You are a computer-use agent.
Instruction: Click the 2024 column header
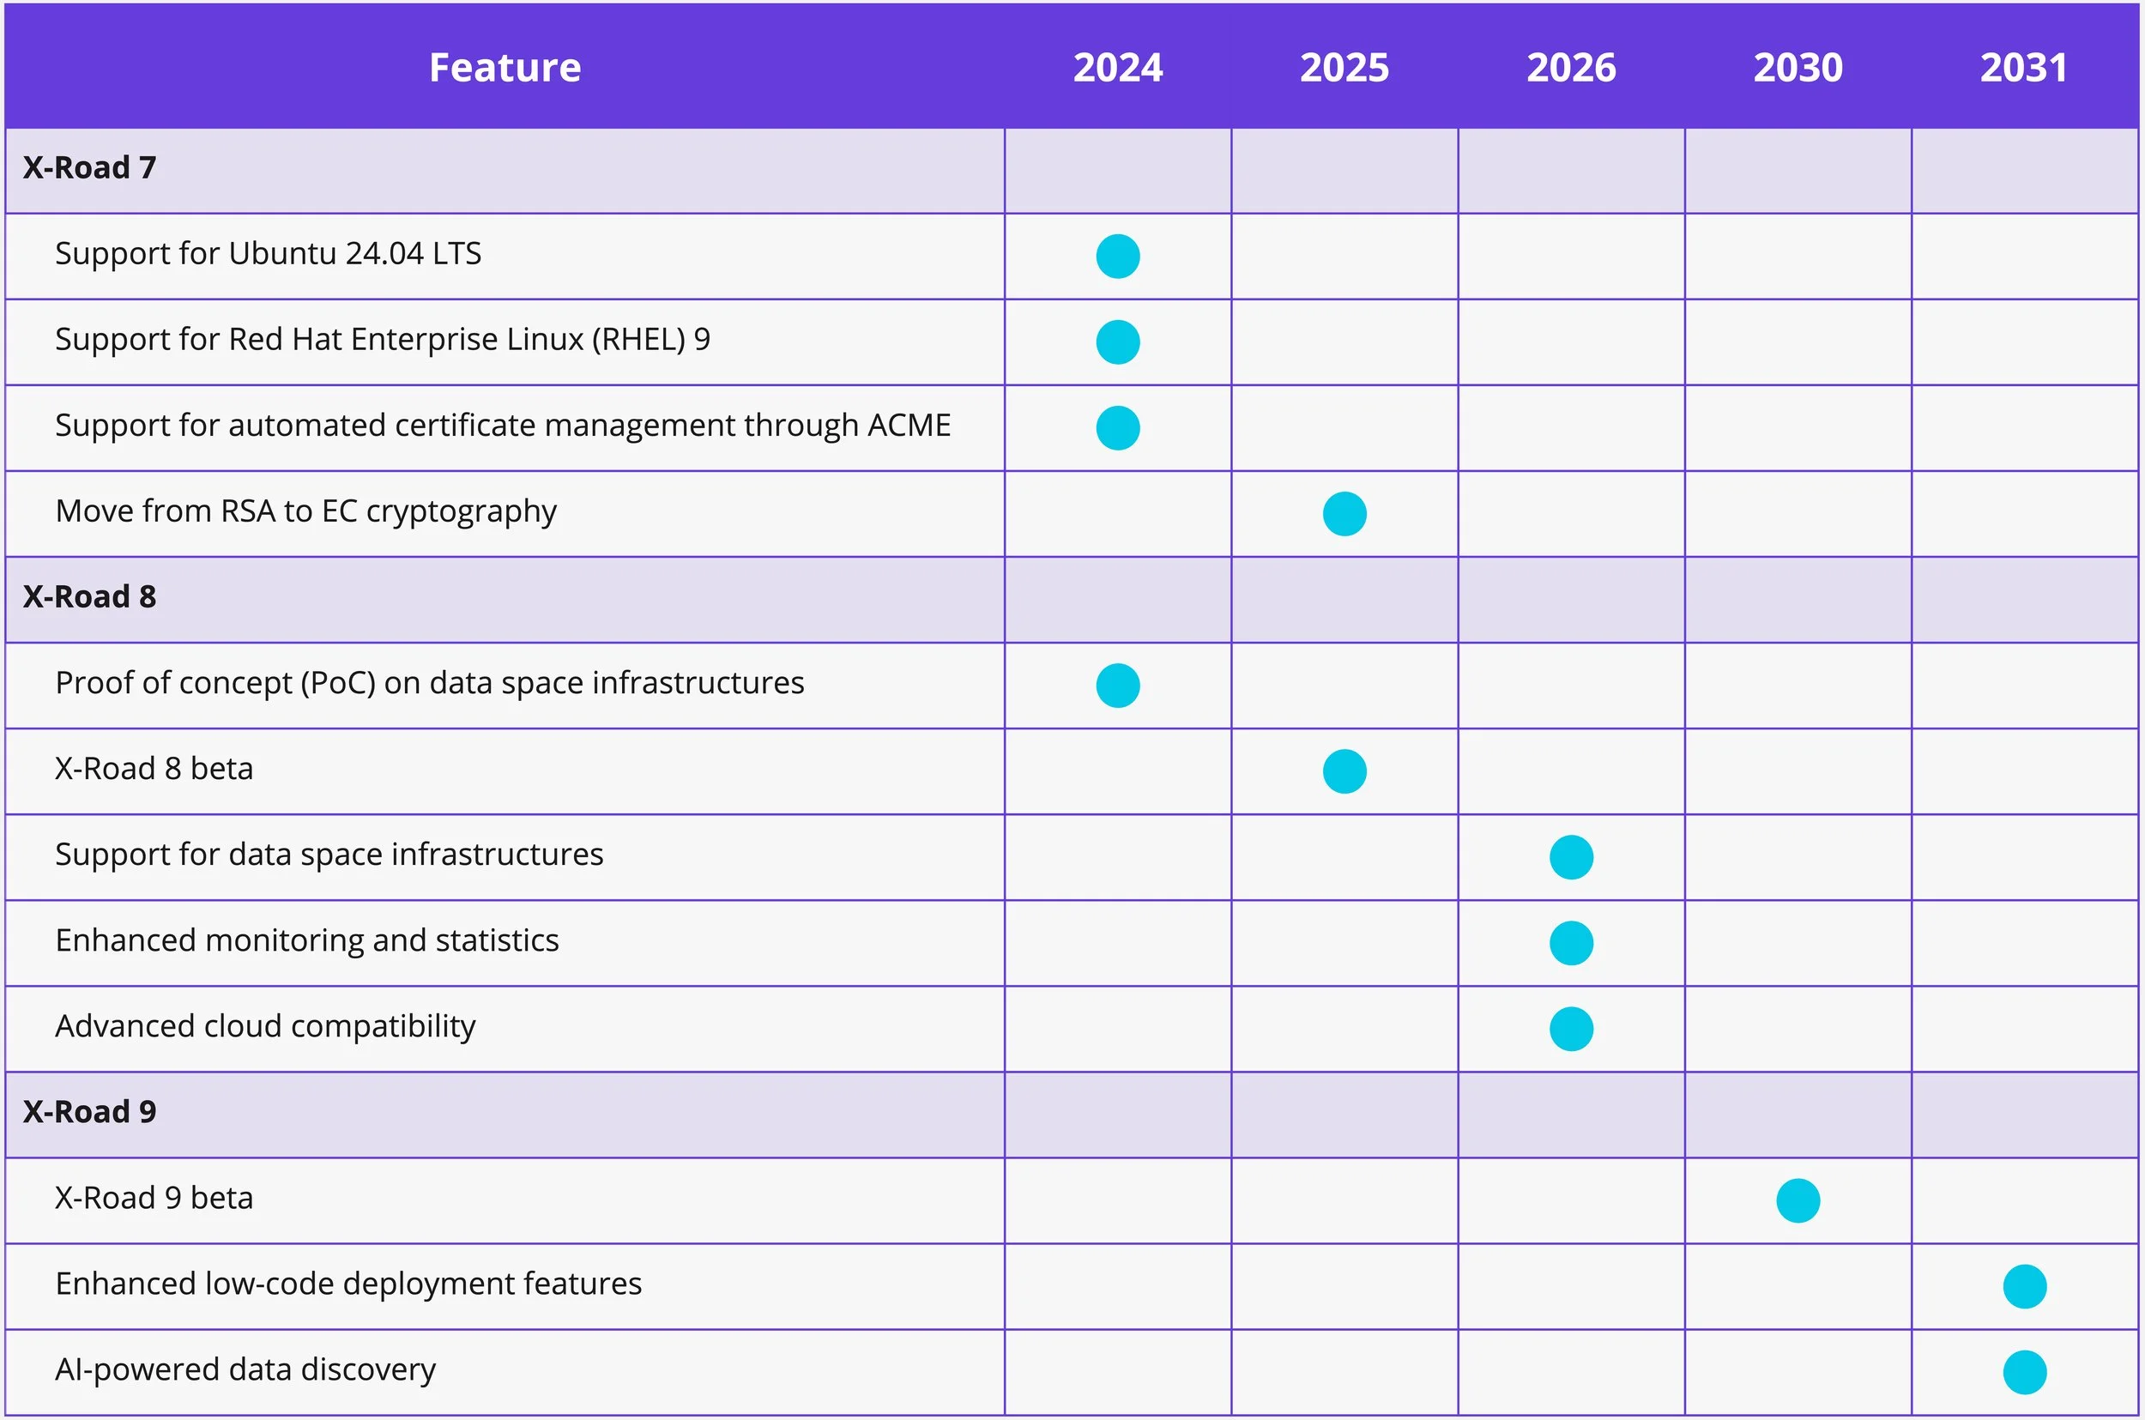pos(1117,68)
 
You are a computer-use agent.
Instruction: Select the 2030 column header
pos(1798,68)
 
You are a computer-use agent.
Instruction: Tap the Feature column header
pos(505,68)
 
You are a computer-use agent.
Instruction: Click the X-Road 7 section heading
pos(89,167)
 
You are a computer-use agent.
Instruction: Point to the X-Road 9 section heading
pos(89,1112)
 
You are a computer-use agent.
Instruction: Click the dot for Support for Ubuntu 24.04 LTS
pos(1117,257)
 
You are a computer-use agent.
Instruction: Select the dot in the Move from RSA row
pos(1344,513)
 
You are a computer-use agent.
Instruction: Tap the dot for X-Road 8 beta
pos(1344,771)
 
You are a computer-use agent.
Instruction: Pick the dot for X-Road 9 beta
pos(1798,1201)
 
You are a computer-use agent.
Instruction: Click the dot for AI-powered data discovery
pos(2025,1372)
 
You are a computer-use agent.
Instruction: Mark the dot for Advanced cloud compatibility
pos(1571,1029)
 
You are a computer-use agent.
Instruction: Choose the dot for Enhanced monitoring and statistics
pos(1571,943)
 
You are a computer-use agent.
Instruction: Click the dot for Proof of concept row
pos(1117,686)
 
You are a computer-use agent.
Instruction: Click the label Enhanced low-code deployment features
pos(348,1284)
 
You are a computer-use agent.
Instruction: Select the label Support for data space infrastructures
pos(329,855)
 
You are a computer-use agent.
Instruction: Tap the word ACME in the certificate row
pos(909,426)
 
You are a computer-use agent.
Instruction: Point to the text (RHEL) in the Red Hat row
pos(638,340)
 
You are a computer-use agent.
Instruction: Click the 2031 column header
pos(2024,68)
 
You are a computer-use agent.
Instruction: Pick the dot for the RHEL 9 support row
pos(1117,342)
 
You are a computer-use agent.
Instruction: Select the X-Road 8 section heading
pos(89,597)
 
